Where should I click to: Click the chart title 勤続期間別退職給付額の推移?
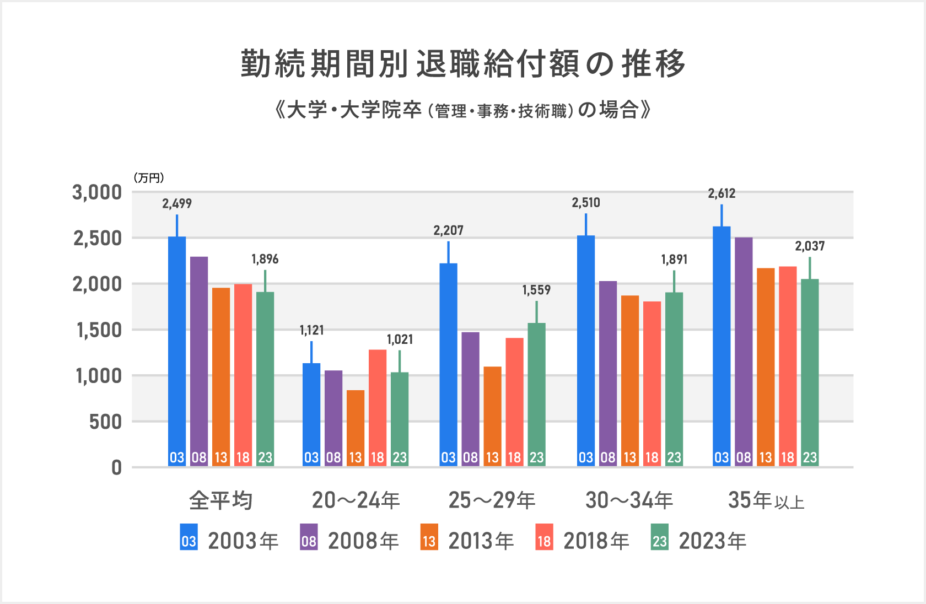coord(463,63)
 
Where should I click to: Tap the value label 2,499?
coord(177,204)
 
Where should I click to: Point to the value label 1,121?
coord(311,330)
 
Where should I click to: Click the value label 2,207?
coord(448,230)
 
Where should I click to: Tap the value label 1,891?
coord(674,260)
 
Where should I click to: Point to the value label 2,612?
coord(722,193)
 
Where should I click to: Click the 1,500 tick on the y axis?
coord(99,330)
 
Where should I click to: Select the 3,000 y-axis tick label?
coord(97,192)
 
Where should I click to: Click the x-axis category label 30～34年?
coord(629,500)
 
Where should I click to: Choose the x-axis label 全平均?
coord(220,500)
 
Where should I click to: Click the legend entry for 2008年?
coord(350,541)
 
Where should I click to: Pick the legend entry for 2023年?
coord(699,541)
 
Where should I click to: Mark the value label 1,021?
coord(400,339)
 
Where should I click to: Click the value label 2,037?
coord(810,246)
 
